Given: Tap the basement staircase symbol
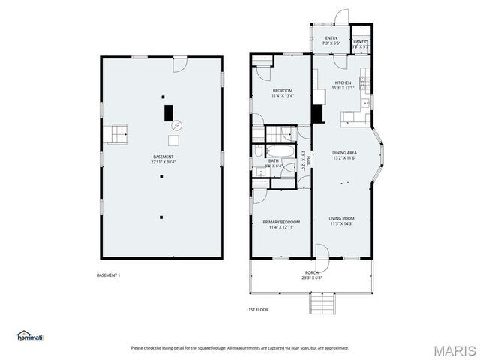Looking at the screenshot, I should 117,134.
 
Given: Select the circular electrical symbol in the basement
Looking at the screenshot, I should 177,126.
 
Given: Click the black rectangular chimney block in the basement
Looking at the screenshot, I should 169,112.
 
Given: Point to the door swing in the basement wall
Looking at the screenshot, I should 179,64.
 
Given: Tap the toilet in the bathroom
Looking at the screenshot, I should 257,151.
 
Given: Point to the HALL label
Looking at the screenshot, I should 304,158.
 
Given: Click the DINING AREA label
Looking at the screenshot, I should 345,154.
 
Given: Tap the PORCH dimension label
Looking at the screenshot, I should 313,274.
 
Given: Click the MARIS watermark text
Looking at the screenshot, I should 454,350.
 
